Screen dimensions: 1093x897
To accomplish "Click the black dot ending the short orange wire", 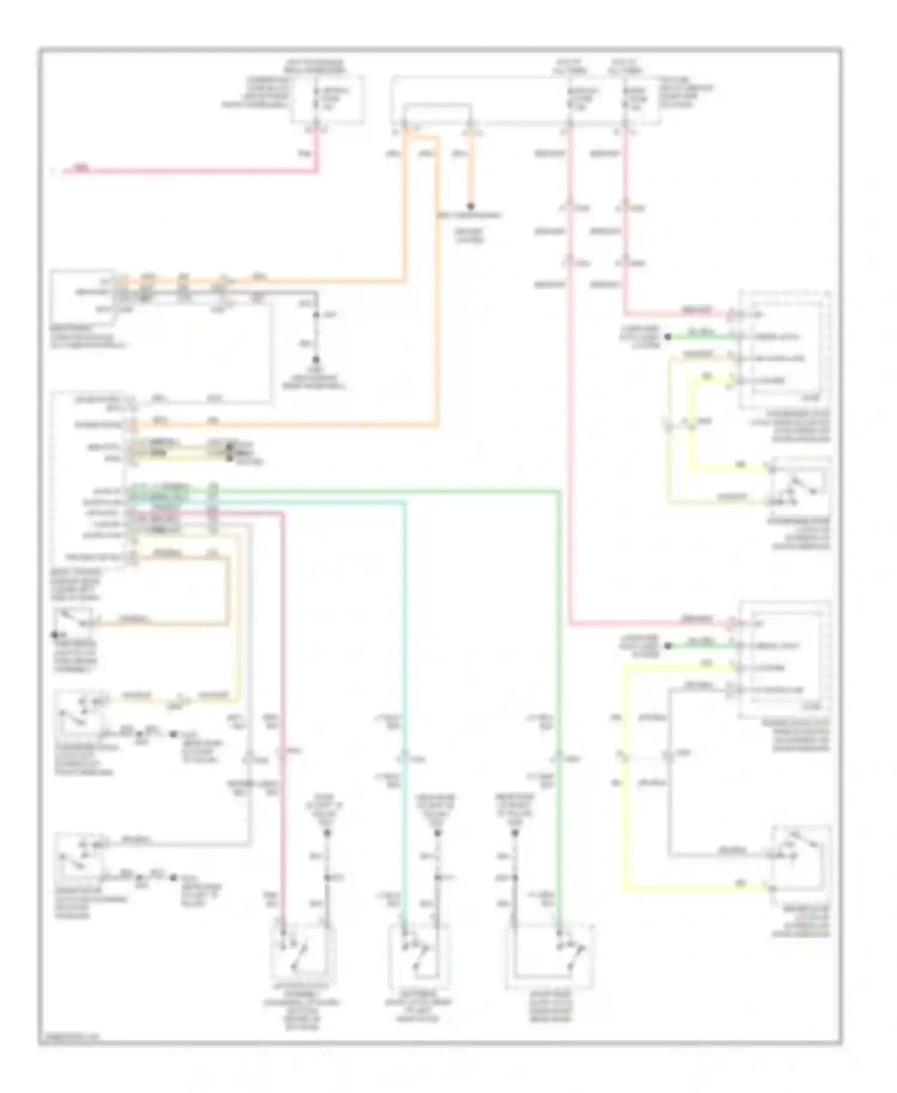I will coord(471,206).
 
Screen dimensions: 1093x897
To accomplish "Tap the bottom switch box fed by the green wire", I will coord(550,955).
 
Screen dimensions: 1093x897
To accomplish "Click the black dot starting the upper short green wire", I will coord(668,337).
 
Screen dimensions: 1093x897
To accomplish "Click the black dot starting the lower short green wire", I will coord(668,645).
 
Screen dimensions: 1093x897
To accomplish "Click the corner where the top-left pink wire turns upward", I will coord(317,171).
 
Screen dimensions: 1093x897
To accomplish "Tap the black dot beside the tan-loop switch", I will coord(54,634).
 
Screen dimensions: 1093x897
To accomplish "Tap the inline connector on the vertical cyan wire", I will coord(405,759).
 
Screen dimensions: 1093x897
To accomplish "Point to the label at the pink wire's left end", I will coord(82,168).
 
